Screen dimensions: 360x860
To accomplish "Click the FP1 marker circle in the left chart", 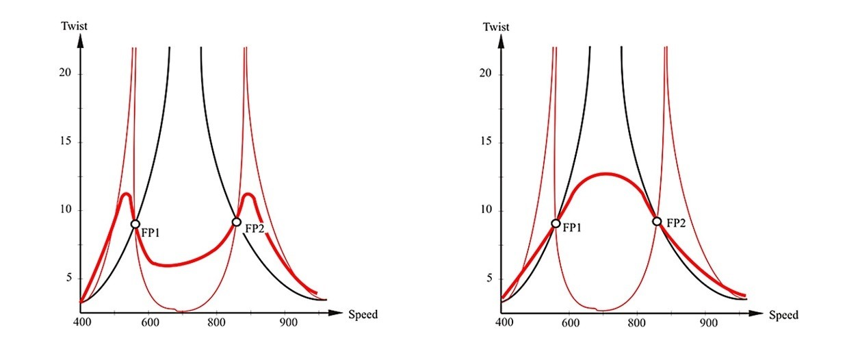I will tap(135, 224).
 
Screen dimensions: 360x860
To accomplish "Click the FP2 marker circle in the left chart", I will tap(237, 222).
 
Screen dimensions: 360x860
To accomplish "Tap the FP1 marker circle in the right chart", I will tap(556, 223).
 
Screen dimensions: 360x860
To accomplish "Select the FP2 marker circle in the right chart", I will tap(657, 221).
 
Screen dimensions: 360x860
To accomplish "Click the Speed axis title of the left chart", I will tap(363, 315).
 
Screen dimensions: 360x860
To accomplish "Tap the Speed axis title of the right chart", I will tap(783, 316).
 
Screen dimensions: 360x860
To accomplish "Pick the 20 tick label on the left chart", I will tap(66, 75).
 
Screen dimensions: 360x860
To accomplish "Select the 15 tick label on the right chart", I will tap(487, 142).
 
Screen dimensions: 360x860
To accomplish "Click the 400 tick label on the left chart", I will tap(81, 325).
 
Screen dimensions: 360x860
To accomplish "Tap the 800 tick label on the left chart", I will tap(217, 325).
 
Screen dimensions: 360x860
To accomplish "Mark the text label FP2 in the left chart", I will tap(255, 229).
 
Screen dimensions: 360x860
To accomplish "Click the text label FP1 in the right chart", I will tap(573, 229).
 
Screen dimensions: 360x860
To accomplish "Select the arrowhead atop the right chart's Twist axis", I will tap(501, 40).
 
